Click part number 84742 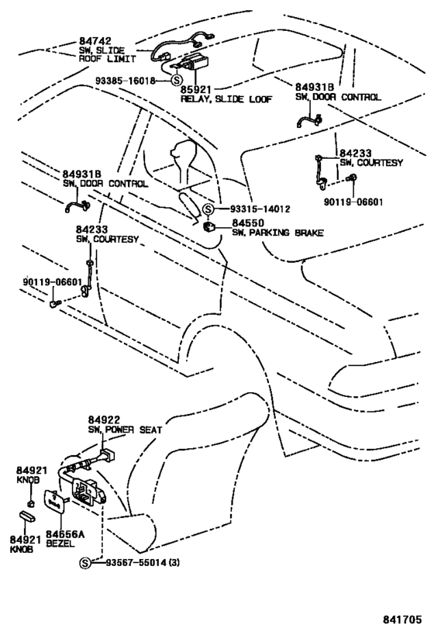pos(95,41)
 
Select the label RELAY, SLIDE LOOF pos(226,99)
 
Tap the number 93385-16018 pos(126,81)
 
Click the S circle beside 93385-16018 pos(176,80)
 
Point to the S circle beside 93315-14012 pos(208,209)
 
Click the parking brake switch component pos(209,227)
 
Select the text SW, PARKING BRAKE pos(277,233)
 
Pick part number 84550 pos(248,223)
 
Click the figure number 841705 pos(402,619)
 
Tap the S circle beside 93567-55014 pos(84,563)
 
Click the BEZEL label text pos(60,544)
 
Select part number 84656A pos(65,535)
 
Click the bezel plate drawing pos(53,502)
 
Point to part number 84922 pos(104,421)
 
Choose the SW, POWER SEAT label pos(125,430)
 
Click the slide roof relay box pos(195,61)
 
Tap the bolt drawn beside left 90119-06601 pos(56,303)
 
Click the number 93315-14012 pos(260,209)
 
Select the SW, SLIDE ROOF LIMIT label pos(107,55)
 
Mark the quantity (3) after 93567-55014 pos(174,563)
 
